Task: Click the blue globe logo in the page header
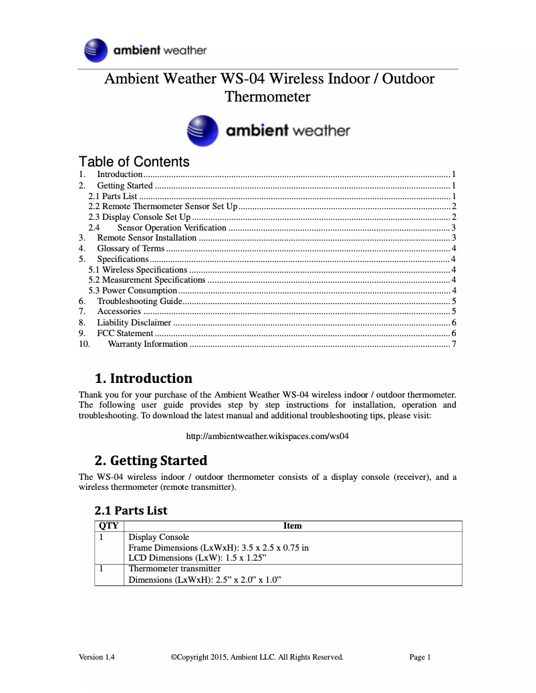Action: [x=96, y=51]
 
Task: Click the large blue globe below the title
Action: [x=203, y=130]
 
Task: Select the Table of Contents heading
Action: [x=134, y=162]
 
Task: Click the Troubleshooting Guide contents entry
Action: [x=140, y=301]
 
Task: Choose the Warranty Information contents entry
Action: [x=147, y=344]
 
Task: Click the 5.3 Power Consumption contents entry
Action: [x=133, y=291]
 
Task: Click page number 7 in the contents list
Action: [x=453, y=344]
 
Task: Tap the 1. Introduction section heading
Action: [x=143, y=378]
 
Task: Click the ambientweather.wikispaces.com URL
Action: [x=267, y=436]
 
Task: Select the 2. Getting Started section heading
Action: [x=151, y=460]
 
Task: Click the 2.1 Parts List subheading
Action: [x=131, y=511]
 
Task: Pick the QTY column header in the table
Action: [x=108, y=526]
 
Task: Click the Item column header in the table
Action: [x=293, y=526]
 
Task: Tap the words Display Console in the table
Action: [x=158, y=537]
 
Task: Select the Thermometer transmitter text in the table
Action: [x=174, y=569]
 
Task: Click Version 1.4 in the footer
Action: [x=97, y=657]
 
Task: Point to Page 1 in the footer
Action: [x=420, y=657]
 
